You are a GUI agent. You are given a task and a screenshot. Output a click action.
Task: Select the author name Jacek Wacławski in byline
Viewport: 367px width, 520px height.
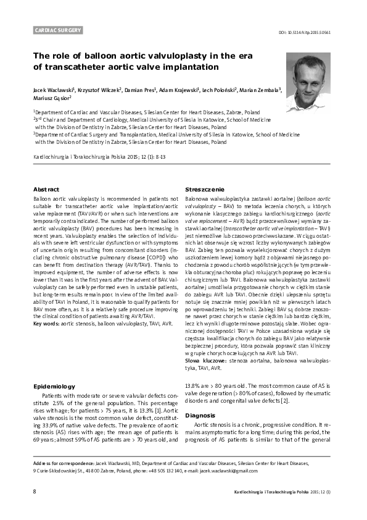point(52,90)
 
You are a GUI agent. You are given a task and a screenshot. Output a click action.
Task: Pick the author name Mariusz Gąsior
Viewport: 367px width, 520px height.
point(52,98)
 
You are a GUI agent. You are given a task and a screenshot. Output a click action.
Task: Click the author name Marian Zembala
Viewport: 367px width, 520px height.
point(260,90)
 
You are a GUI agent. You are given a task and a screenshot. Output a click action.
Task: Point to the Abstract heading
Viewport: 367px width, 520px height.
point(46,188)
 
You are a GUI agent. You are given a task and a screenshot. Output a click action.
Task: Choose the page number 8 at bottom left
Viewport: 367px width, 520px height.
point(35,492)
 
